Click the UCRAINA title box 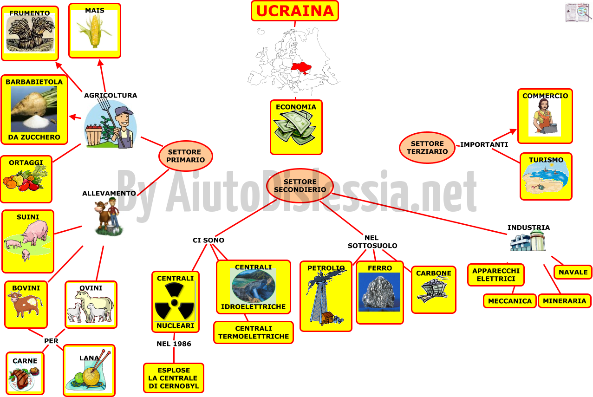click(295, 11)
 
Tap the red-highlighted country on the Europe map click(301, 68)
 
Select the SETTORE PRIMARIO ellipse click(186, 156)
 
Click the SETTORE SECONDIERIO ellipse click(300, 186)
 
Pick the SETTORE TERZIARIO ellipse click(427, 147)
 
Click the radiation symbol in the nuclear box click(175, 301)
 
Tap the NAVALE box click(573, 272)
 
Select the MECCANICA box click(509, 301)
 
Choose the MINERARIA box click(564, 301)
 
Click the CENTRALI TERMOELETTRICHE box click(254, 332)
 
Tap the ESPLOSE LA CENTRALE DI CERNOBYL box click(174, 378)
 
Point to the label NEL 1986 click(174, 344)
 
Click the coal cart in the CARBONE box click(433, 289)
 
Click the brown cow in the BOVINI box click(25, 305)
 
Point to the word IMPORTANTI click(484, 144)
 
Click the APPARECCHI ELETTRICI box click(496, 275)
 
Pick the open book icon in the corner click(578, 13)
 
